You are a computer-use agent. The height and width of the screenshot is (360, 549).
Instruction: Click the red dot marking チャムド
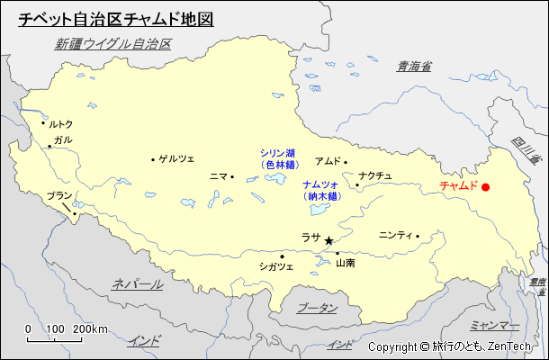pyautogui.click(x=486, y=187)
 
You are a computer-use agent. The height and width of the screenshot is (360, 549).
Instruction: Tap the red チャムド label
pyautogui.click(x=458, y=186)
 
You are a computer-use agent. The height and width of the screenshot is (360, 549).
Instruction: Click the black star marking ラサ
pyautogui.click(x=328, y=240)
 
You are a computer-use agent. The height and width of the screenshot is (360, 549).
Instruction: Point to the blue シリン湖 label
pyautogui.click(x=278, y=153)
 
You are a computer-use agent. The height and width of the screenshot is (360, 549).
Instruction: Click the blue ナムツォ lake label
pyautogui.click(x=320, y=184)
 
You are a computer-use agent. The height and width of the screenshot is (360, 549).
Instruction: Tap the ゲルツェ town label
pyautogui.click(x=176, y=159)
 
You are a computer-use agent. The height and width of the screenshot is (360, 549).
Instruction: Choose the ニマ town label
pyautogui.click(x=218, y=176)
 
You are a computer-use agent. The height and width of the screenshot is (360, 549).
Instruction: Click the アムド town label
pyautogui.click(x=327, y=162)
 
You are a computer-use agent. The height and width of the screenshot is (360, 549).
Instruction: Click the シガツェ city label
pyautogui.click(x=276, y=266)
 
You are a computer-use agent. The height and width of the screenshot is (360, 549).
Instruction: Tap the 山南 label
pyautogui.click(x=346, y=264)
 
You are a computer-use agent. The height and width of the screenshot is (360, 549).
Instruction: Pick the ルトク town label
pyautogui.click(x=60, y=124)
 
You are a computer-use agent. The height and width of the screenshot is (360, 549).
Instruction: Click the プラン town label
pyautogui.click(x=58, y=195)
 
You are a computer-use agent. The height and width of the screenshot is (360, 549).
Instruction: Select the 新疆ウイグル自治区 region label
pyautogui.click(x=113, y=44)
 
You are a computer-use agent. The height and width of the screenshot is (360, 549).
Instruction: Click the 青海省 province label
pyautogui.click(x=415, y=66)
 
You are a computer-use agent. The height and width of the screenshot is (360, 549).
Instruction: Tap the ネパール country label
pyautogui.click(x=138, y=284)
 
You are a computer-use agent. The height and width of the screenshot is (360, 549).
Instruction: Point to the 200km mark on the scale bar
pyautogui.click(x=90, y=328)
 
